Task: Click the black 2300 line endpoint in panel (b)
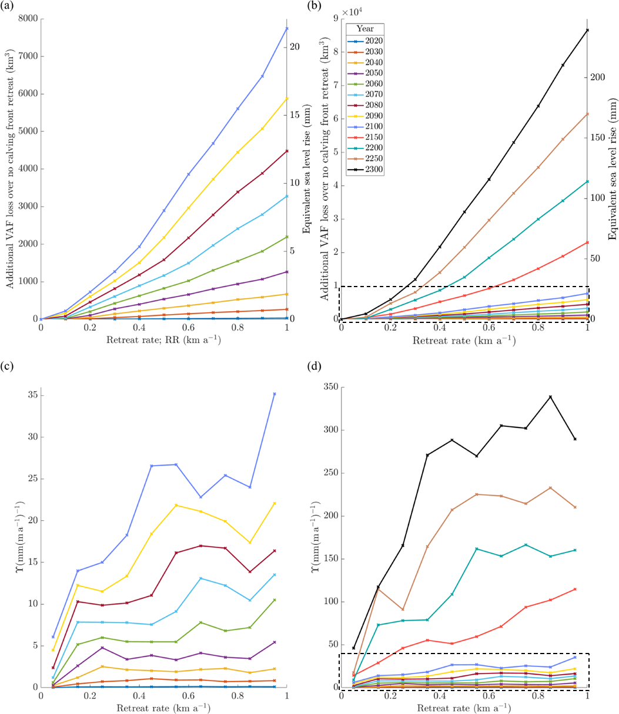coord(587,30)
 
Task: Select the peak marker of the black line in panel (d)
coord(550,397)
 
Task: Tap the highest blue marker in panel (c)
coord(275,394)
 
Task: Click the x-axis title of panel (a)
coord(164,341)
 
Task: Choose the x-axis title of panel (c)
coord(164,709)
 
